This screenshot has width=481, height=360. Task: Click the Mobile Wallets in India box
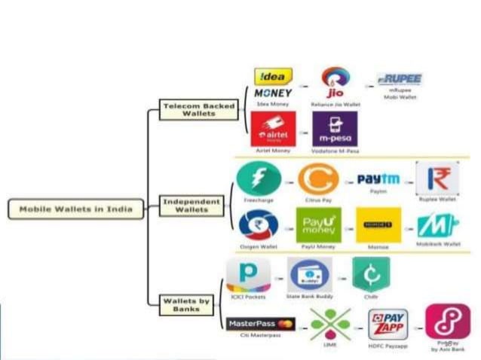click(75, 209)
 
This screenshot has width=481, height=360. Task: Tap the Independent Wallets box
click(191, 205)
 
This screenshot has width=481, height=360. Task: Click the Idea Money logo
click(273, 84)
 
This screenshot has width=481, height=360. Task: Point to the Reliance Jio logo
click(334, 83)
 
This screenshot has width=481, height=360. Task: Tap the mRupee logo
click(400, 79)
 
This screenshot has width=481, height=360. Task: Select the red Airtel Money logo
click(273, 129)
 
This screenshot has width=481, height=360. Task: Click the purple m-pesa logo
click(334, 129)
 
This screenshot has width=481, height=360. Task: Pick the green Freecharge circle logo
click(259, 179)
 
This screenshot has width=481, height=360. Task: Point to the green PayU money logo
click(318, 224)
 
